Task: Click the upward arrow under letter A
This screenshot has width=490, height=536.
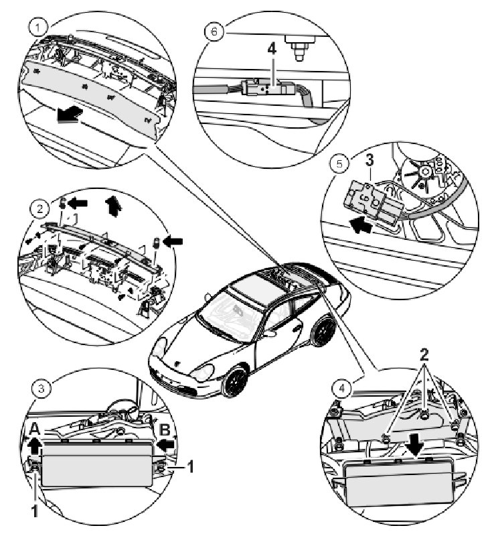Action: click(x=34, y=444)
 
